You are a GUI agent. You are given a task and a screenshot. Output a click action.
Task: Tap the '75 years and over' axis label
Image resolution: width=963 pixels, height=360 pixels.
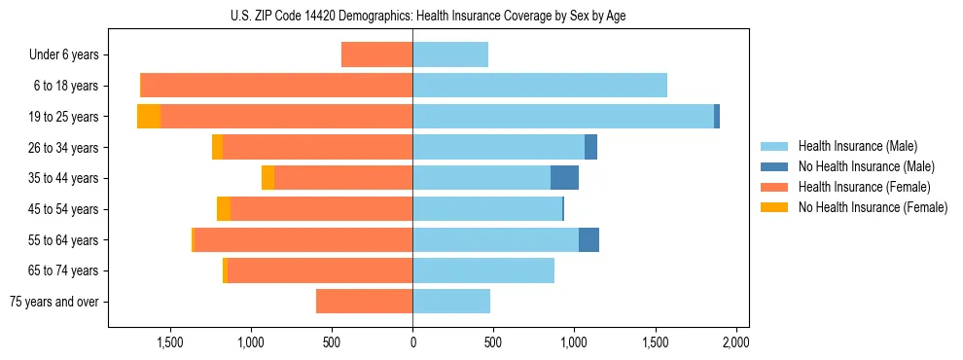(54, 302)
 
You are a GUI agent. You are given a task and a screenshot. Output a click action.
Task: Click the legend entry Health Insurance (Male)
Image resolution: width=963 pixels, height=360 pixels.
(852, 146)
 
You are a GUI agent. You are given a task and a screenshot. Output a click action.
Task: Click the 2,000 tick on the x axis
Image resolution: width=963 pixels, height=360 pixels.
(735, 342)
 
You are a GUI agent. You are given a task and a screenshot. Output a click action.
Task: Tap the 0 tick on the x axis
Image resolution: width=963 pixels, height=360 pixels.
(412, 342)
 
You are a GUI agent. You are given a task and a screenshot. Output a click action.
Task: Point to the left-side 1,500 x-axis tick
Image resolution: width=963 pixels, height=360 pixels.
(170, 342)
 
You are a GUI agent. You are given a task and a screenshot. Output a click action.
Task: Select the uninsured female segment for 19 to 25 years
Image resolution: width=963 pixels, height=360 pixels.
(149, 116)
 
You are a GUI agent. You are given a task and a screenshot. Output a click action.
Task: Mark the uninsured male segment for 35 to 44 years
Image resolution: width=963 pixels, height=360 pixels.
(564, 178)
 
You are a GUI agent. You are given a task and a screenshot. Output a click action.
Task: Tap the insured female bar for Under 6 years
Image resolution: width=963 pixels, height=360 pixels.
(376, 54)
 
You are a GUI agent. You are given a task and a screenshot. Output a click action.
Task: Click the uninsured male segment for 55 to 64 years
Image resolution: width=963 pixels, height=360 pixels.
(588, 239)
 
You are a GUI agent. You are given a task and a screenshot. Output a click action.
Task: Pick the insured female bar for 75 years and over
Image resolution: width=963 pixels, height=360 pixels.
(364, 302)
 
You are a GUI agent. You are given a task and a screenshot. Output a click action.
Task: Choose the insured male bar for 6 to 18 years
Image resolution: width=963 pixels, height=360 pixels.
(540, 85)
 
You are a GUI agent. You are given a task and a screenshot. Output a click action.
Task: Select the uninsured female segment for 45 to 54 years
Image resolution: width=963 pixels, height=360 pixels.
(224, 208)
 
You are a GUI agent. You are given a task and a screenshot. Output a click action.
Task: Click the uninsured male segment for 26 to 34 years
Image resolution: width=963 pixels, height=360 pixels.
(590, 147)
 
